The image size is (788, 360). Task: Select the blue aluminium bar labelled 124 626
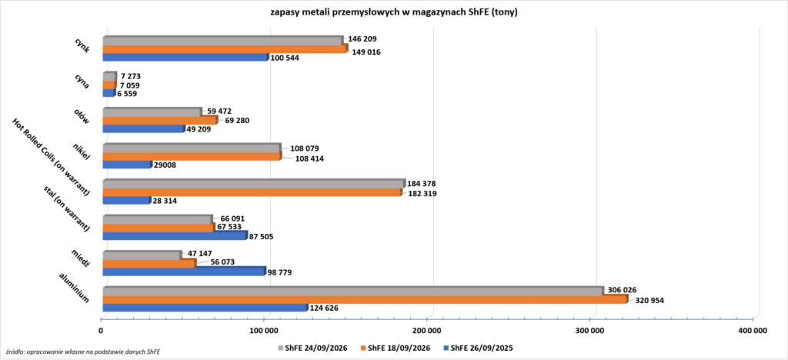pos(205,307)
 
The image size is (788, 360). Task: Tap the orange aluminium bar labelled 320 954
pos(366,299)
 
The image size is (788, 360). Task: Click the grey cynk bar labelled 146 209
pos(223,40)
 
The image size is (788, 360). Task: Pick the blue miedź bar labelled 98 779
pos(184,271)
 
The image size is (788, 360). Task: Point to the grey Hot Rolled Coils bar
pos(254,184)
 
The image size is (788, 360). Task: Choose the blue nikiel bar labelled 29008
pos(127,164)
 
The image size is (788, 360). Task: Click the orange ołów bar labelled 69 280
pos(160,120)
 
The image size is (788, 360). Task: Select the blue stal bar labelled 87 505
pos(175,235)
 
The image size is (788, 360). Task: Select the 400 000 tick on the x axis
pos(753,330)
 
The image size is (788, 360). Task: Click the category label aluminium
pos(75,288)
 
